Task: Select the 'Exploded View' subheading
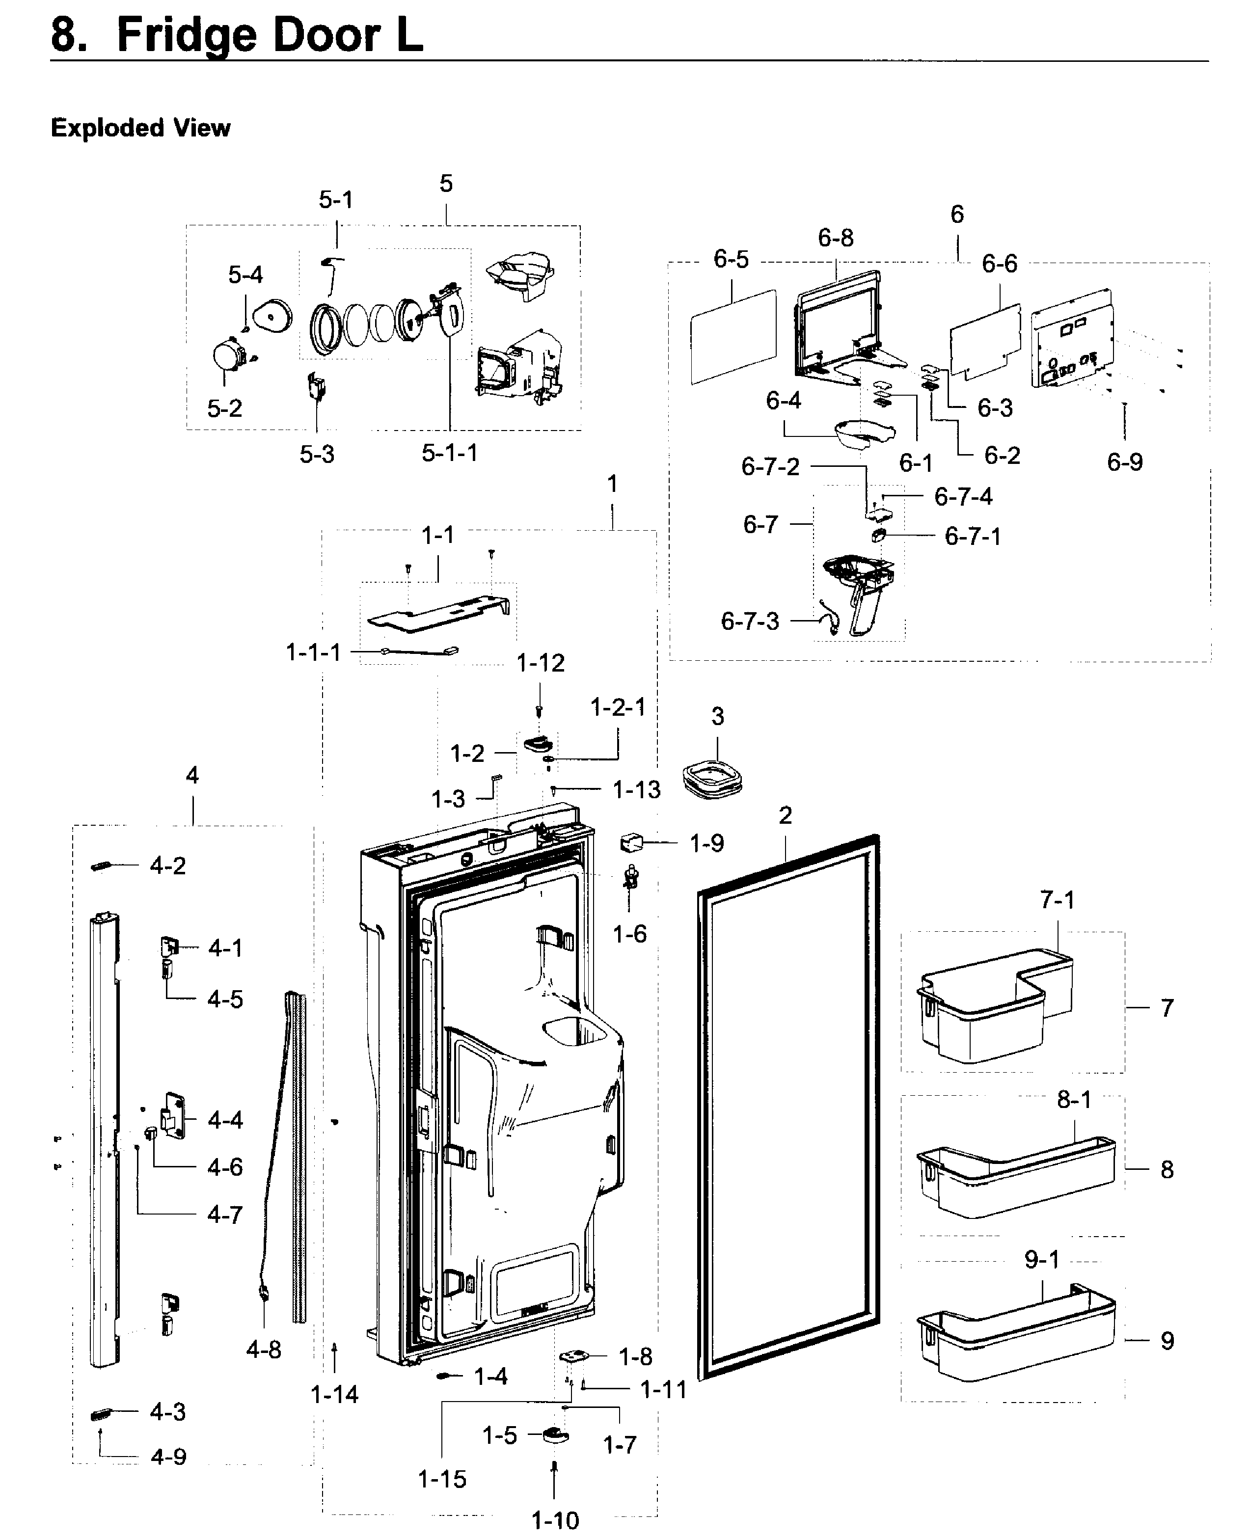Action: [140, 128]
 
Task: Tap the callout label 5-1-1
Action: [450, 453]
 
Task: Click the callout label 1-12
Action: [541, 663]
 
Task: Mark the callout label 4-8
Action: [263, 1350]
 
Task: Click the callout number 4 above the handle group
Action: [192, 775]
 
